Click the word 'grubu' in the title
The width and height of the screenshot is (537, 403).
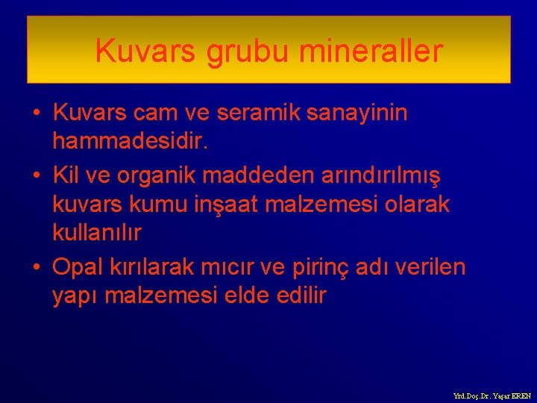(249, 51)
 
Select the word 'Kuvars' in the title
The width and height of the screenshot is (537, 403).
(145, 51)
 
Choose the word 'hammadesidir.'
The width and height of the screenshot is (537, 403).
(131, 141)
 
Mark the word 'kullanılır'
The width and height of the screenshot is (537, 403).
(97, 233)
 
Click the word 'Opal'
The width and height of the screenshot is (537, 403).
(77, 266)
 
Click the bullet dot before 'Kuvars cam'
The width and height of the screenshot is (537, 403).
(35, 114)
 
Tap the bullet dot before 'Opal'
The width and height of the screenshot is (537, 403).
(35, 267)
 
